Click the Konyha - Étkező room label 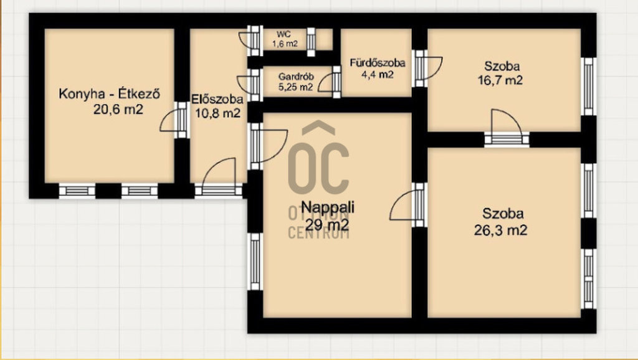[x=110, y=94]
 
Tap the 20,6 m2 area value [x=118, y=110]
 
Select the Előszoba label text [x=217, y=99]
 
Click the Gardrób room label [x=296, y=77]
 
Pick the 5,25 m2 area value [x=296, y=87]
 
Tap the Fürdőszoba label [x=378, y=63]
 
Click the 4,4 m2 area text [x=378, y=75]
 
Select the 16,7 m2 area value [x=500, y=80]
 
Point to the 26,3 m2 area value [x=500, y=230]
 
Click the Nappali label [x=328, y=207]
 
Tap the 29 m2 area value [x=327, y=224]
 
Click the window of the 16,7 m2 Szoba [x=588, y=86]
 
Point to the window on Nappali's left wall [x=255, y=262]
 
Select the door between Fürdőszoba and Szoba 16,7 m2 [x=427, y=69]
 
